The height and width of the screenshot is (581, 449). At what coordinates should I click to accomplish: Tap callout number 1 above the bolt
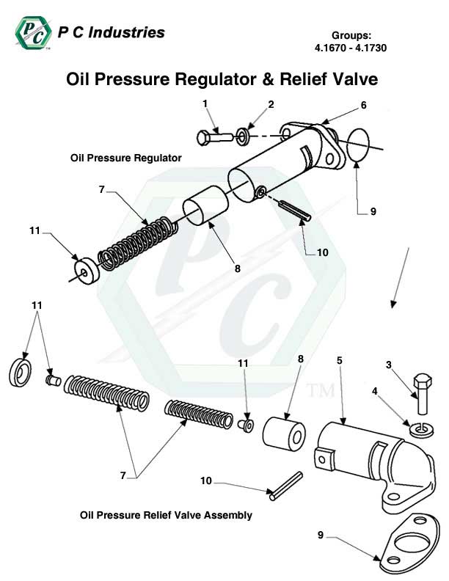[x=205, y=103]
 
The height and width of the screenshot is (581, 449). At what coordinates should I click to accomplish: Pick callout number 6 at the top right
[x=362, y=106]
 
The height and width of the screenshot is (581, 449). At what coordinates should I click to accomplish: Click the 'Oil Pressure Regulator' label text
[x=125, y=158]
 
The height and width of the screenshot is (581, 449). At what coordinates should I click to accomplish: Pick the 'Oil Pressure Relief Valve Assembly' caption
[x=166, y=516]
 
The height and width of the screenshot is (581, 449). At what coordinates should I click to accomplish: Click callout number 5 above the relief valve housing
[x=340, y=360]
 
